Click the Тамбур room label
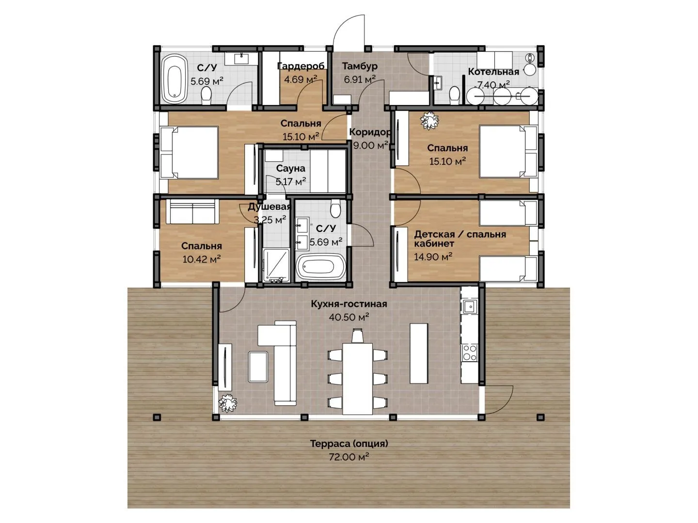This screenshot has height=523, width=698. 360,66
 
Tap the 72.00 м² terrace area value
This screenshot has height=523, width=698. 349,457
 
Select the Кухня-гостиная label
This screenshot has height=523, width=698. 349,304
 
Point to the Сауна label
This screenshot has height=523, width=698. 290,169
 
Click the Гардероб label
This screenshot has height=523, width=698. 301,66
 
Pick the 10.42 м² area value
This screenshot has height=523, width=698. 202,259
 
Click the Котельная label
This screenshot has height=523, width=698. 493,72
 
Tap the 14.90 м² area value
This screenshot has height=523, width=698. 433,256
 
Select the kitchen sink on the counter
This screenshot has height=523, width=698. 469,307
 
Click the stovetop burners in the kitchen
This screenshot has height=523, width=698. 469,353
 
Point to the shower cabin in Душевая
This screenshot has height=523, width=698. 276,265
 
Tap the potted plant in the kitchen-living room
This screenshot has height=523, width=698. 228,403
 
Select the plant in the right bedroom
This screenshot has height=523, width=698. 429,121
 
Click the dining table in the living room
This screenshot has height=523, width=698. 357,379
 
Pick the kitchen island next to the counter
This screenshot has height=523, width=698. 418,354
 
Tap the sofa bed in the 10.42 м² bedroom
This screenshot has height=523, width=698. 192,211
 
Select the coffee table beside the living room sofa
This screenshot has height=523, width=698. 258,367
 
